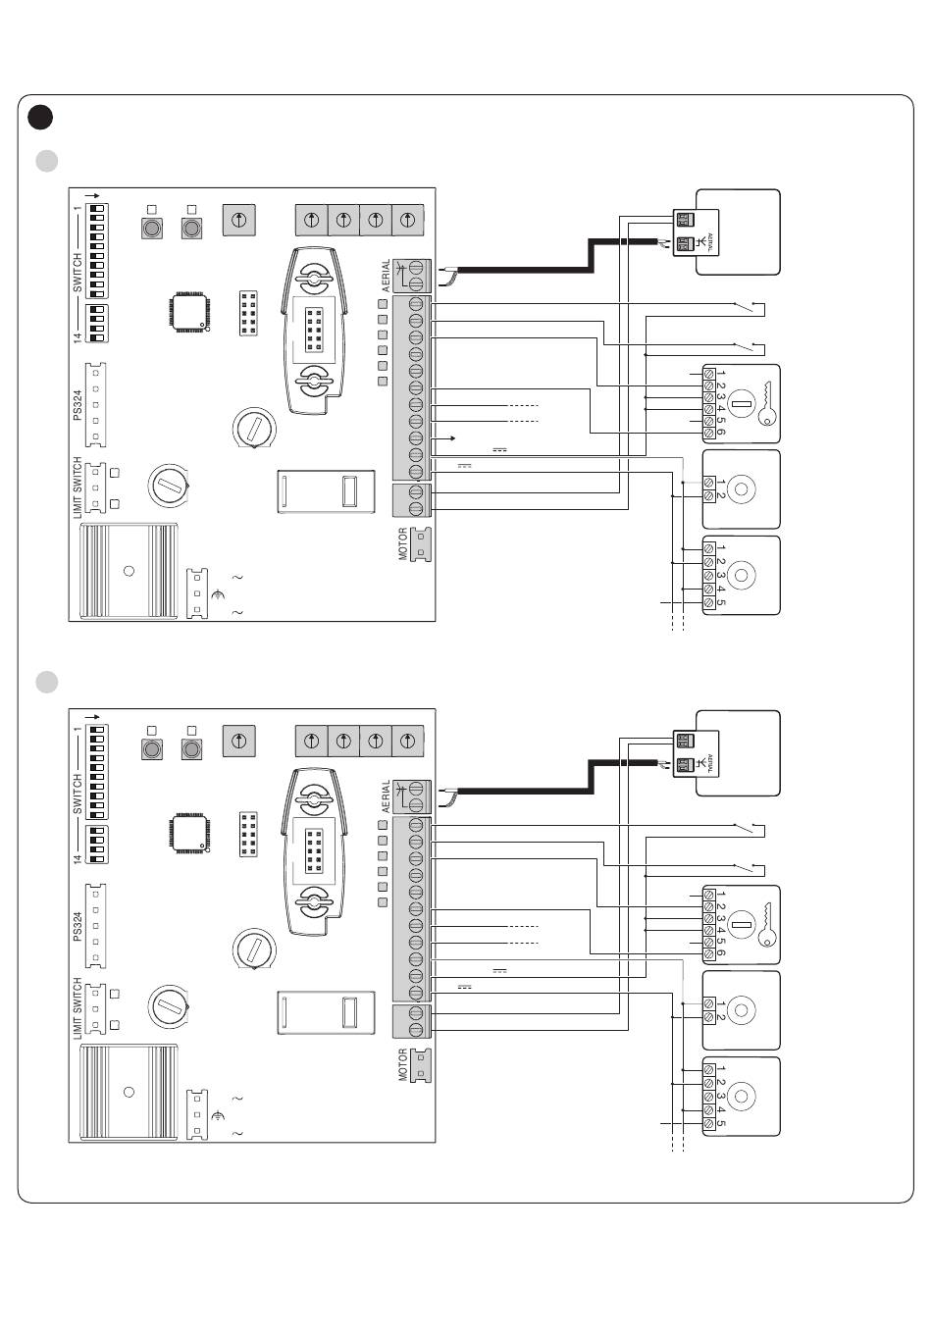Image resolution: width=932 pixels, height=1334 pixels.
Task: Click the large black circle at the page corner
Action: pyautogui.click(x=40, y=117)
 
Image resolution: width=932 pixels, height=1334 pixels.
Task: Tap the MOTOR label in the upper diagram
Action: pyautogui.click(x=403, y=543)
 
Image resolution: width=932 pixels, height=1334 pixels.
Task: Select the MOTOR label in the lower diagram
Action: pyautogui.click(x=403, y=1065)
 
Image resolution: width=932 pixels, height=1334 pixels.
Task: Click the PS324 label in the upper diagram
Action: pyautogui.click(x=78, y=405)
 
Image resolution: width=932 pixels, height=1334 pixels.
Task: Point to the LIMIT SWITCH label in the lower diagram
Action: pyautogui.click(x=78, y=1008)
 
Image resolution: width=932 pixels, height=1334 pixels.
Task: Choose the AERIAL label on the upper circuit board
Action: pyautogui.click(x=386, y=275)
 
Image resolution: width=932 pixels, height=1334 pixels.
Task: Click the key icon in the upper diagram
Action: pyautogui.click(x=767, y=403)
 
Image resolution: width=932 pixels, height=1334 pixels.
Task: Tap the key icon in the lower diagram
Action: pyautogui.click(x=767, y=924)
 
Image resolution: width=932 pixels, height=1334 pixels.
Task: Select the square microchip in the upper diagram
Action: pyautogui.click(x=189, y=312)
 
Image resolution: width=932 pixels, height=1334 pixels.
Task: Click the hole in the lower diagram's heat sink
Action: pyautogui.click(x=129, y=1092)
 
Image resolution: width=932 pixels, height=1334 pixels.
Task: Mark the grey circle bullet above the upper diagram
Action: pyautogui.click(x=47, y=161)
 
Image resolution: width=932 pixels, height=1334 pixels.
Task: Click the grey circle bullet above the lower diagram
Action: pyautogui.click(x=47, y=682)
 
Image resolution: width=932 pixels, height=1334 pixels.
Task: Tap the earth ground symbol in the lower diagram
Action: pyautogui.click(x=219, y=1115)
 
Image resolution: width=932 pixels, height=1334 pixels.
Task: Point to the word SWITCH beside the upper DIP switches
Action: pyautogui.click(x=78, y=273)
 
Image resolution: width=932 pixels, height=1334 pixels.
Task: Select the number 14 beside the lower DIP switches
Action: pyautogui.click(x=78, y=859)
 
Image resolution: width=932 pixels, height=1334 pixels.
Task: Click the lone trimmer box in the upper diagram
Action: pyautogui.click(x=238, y=220)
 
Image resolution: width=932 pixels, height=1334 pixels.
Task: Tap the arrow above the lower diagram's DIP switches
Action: pyautogui.click(x=92, y=717)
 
